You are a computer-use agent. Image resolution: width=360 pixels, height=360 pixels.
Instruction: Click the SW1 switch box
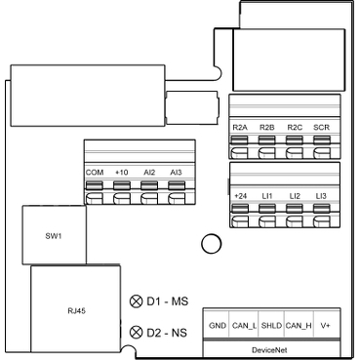pyautogui.click(x=55, y=235)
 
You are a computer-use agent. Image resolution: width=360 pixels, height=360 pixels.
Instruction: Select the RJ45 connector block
pyautogui.click(x=76, y=308)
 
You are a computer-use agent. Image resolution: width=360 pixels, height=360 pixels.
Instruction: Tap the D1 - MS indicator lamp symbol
pyautogui.click(x=136, y=301)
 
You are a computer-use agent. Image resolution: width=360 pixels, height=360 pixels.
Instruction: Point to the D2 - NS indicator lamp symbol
pyautogui.click(x=136, y=333)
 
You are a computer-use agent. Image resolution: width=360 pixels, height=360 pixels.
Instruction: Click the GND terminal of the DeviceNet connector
pyautogui.click(x=217, y=325)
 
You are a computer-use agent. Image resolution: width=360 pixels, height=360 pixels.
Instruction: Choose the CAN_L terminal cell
pyautogui.click(x=244, y=325)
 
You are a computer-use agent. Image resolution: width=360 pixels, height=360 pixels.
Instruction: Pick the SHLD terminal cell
pyautogui.click(x=271, y=325)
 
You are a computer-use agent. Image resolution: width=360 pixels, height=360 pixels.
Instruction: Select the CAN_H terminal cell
pyautogui.click(x=299, y=325)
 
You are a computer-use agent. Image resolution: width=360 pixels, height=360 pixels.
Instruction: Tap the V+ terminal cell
pyautogui.click(x=327, y=325)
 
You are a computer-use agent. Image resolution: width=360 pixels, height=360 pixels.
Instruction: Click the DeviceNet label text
pyautogui.click(x=269, y=350)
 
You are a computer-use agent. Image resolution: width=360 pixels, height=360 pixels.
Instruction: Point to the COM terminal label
pyautogui.click(x=95, y=173)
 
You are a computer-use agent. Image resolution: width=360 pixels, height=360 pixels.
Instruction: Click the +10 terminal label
pyautogui.click(x=121, y=173)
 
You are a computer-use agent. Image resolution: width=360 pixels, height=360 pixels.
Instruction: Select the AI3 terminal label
pyautogui.click(x=176, y=173)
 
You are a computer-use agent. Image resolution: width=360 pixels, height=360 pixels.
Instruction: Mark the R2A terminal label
pyautogui.click(x=240, y=128)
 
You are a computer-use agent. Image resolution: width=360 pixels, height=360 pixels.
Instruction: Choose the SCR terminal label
pyautogui.click(x=321, y=128)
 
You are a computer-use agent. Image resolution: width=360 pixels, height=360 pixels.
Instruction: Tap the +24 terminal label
pyautogui.click(x=240, y=196)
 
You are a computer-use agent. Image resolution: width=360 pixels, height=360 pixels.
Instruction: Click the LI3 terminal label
pyautogui.click(x=321, y=196)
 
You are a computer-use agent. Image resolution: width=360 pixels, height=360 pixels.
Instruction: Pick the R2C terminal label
pyautogui.click(x=295, y=128)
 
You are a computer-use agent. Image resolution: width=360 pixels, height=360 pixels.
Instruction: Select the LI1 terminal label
pyautogui.click(x=267, y=196)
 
